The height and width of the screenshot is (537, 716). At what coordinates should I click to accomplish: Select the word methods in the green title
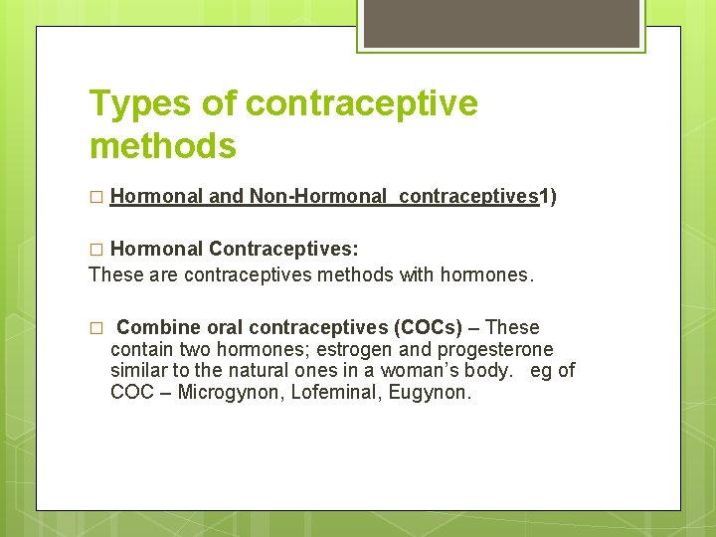point(163,146)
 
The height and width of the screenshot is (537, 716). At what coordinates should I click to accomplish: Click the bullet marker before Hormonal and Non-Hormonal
point(95,198)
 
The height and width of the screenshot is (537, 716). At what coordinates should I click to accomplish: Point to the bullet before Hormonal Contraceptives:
point(95,249)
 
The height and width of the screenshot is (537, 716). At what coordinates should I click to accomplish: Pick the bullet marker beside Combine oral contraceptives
point(95,328)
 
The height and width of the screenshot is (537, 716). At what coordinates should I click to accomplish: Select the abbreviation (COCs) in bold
point(428,327)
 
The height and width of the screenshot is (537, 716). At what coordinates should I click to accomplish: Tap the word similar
point(140,371)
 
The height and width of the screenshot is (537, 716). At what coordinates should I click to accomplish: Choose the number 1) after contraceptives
point(548,197)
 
